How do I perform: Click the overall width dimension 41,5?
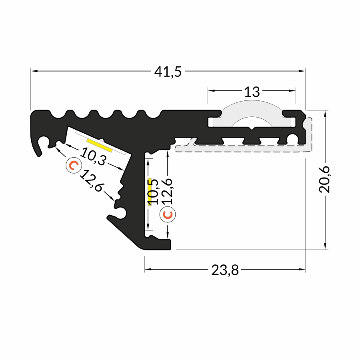[168, 72]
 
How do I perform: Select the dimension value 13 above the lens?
[252, 92]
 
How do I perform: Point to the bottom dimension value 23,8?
[225, 271]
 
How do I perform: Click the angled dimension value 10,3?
[94, 156]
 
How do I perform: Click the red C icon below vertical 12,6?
[168, 214]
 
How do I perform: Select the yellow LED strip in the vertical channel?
[150, 189]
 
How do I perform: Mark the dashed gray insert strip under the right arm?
[244, 149]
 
